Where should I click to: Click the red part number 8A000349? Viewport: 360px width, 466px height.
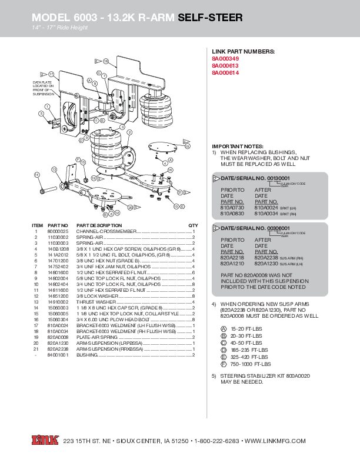[x=226, y=59]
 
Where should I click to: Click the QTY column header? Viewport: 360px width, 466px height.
[x=192, y=225]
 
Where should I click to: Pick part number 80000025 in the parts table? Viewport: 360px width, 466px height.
[x=58, y=232]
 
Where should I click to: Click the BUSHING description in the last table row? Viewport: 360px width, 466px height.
[x=87, y=355]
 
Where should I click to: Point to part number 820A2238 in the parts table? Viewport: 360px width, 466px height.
[x=58, y=349]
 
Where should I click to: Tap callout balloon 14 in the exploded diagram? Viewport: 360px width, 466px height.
[x=37, y=175]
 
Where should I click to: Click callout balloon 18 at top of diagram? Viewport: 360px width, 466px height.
[x=105, y=62]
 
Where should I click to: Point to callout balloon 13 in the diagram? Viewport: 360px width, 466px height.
[x=54, y=169]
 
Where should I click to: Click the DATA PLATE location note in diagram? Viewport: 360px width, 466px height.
[x=43, y=88]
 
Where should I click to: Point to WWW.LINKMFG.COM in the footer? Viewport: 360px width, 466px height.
[x=275, y=441]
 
